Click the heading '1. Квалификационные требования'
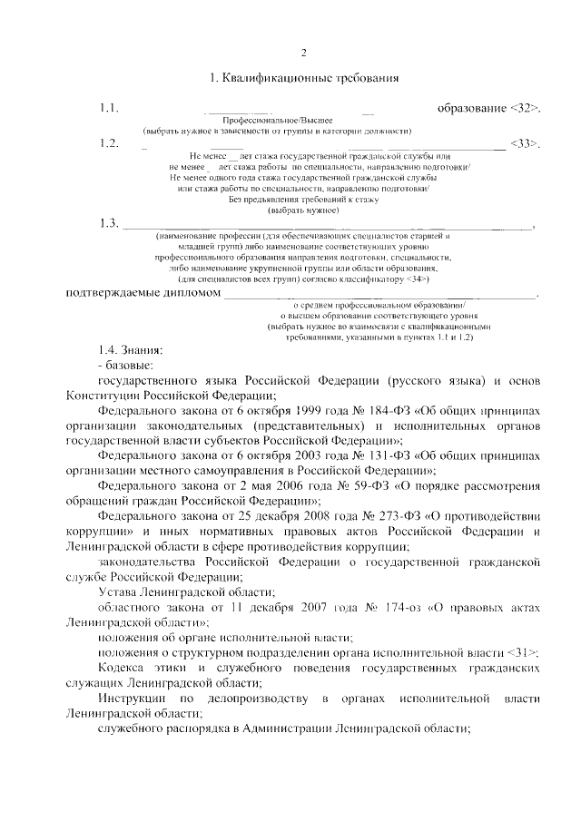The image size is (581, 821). click(304, 78)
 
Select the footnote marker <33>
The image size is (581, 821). click(526, 143)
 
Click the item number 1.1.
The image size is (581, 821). click(110, 110)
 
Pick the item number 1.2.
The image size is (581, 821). click(110, 143)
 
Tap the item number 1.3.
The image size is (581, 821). click(110, 224)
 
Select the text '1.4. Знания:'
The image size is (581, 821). click(131, 349)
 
